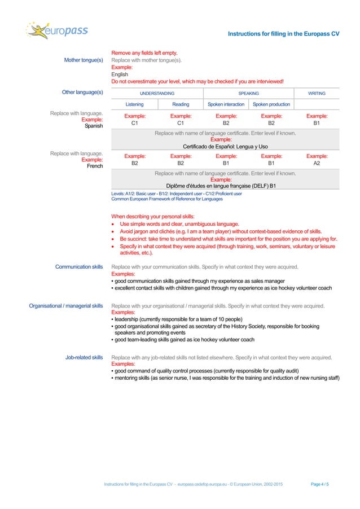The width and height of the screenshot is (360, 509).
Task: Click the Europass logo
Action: [57, 32]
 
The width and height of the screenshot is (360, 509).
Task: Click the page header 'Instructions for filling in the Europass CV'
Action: [283, 34]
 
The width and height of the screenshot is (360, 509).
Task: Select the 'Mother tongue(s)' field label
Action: [84, 60]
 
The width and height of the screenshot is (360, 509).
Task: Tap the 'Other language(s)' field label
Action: [82, 91]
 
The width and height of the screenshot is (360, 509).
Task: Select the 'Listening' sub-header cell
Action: [134, 104]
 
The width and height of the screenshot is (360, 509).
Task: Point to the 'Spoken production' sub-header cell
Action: [271, 104]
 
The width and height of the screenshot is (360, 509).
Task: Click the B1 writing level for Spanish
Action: [317, 121]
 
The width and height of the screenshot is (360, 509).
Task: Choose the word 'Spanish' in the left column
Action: [93, 126]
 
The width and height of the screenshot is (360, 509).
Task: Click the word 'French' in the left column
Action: [94, 166]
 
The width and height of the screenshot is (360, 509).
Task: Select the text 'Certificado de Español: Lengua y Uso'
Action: [225, 146]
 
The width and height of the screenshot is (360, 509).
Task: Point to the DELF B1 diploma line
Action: [225, 186]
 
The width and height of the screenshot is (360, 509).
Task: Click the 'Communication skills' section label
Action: [79, 267]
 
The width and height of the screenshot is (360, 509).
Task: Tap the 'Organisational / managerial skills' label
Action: [66, 306]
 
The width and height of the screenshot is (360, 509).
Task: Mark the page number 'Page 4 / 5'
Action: [320, 485]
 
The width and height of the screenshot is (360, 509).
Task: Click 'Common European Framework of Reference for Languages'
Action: [167, 199]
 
